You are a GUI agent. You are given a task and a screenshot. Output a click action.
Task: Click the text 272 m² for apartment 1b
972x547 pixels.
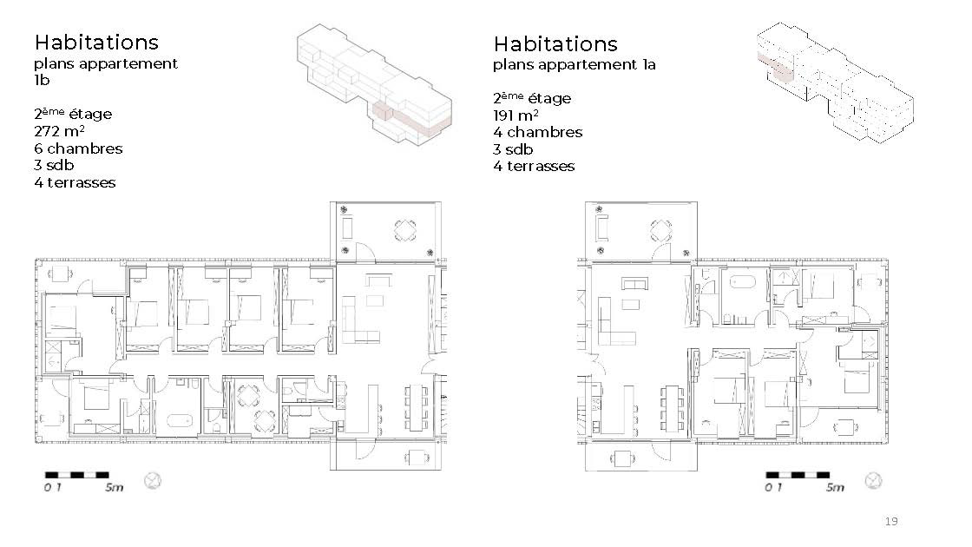59,131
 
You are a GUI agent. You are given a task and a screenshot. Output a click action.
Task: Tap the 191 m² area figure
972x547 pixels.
516,115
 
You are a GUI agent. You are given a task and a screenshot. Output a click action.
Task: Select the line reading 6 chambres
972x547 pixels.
78,148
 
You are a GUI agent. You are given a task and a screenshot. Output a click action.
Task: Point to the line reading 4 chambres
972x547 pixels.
537,132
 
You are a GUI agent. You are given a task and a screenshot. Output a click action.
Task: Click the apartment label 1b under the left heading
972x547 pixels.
42,80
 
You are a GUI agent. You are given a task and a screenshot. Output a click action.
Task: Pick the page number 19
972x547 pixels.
891,521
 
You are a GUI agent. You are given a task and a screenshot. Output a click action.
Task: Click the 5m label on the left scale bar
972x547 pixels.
114,487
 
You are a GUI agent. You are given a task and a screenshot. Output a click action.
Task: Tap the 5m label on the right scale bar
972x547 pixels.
835,487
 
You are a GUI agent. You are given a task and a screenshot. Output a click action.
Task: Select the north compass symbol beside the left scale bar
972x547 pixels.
153,480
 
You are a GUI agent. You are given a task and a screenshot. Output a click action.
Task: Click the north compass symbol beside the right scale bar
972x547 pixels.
873,480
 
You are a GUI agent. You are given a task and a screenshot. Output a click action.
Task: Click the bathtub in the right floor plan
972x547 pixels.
740,282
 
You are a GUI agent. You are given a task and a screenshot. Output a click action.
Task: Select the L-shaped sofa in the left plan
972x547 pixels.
358,320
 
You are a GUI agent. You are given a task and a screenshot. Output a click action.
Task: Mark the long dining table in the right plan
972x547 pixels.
672,408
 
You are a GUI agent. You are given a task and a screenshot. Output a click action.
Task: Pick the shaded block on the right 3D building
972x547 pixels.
776,66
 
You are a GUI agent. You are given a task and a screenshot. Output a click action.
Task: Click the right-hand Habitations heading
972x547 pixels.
555,44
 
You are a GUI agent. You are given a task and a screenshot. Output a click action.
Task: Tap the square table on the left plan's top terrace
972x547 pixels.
405,231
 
